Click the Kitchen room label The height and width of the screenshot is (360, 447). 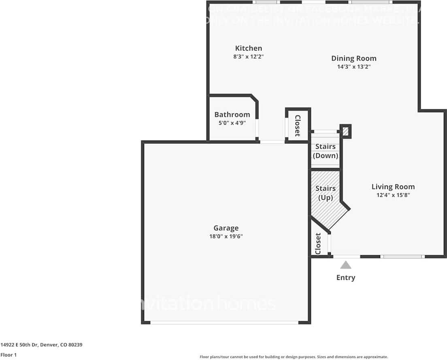pos(249,48)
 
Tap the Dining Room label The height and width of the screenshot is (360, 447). pos(353,58)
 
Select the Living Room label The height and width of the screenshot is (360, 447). pos(393,187)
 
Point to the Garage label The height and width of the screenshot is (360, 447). pos(226,228)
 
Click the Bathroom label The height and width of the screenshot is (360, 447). pos(232,115)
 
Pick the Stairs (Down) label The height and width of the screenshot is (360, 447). pos(326,151)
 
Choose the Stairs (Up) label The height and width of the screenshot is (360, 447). pos(326,193)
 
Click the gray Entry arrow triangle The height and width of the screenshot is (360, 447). pos(345,265)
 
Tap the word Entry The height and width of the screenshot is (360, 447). pos(346,277)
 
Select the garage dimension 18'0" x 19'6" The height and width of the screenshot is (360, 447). pos(226,236)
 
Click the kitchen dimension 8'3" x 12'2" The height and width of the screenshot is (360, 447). pos(249,57)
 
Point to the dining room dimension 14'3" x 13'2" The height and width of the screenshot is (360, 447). pos(353,67)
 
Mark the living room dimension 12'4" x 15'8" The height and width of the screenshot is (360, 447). pos(393,195)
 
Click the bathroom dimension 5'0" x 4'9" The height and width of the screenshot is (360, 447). pos(232,123)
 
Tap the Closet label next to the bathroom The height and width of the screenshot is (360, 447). pos(298,126)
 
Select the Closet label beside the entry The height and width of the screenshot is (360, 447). pos(318,244)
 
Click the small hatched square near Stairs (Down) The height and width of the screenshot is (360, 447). pos(345,131)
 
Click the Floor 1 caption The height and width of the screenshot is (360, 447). pos(9,355)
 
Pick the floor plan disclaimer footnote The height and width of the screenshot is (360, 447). pos(294,357)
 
